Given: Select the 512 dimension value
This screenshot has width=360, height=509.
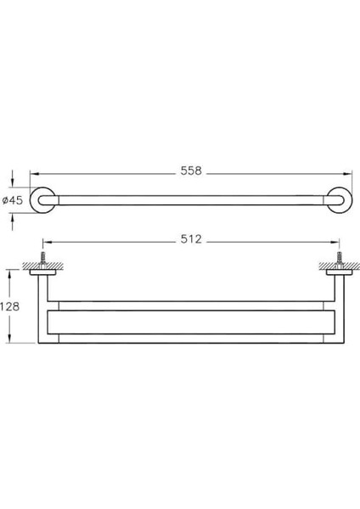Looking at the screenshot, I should click(x=190, y=240).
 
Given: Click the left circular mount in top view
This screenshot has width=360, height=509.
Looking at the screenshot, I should click(x=42, y=200).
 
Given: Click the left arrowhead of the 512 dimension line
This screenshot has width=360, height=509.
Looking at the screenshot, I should click(x=44, y=240).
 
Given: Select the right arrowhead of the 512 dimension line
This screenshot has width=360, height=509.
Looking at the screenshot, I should click(x=337, y=240).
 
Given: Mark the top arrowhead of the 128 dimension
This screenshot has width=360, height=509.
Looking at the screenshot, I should click(x=10, y=273).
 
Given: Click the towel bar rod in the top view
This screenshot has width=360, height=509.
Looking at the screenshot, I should click(x=191, y=200).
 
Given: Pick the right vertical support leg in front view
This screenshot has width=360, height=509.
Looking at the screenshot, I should click(x=338, y=310).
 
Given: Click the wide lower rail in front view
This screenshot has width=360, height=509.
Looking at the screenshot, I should click(x=191, y=322).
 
